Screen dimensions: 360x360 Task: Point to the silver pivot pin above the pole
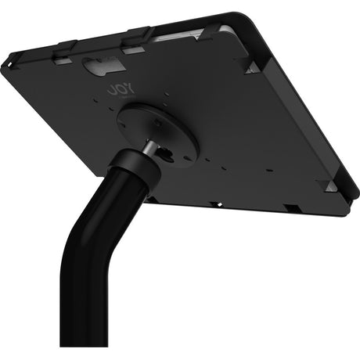(146, 148)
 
